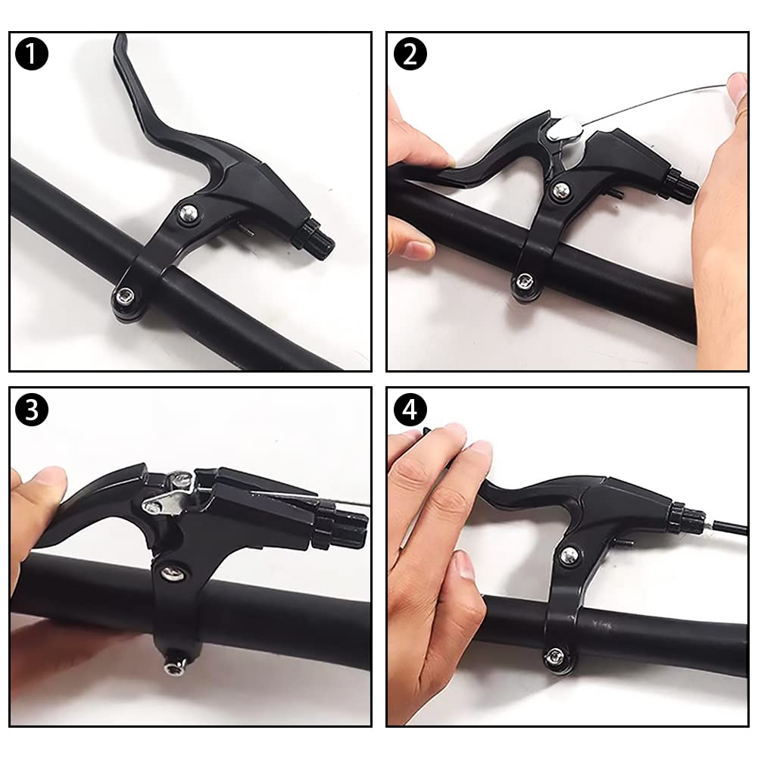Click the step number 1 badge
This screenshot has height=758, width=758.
32,55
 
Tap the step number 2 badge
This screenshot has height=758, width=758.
410,55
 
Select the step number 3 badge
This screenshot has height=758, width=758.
32,410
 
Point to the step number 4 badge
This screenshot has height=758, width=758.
410,410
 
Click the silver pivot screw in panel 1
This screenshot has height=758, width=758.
186,214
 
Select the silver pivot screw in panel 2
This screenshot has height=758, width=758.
560,191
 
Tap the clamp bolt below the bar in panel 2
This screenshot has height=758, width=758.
522,282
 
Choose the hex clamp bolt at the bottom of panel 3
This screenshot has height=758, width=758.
173,667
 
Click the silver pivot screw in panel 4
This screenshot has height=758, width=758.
569,555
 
